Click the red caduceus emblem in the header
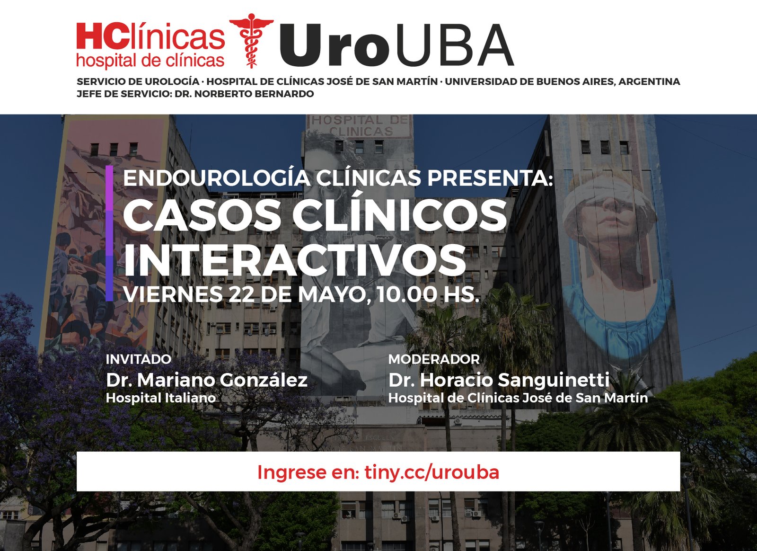tap(251, 41)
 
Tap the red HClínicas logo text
tap(151, 36)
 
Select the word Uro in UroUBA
tap(334, 45)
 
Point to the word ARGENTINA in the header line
tap(649, 82)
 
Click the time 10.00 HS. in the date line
tap(428, 294)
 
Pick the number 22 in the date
tap(242, 294)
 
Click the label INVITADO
tap(139, 359)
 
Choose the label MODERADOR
tap(434, 359)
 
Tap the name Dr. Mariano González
tap(207, 380)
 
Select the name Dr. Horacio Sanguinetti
tap(499, 380)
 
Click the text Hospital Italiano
tap(161, 398)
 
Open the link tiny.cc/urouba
tap(432, 472)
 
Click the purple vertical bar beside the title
tap(109, 233)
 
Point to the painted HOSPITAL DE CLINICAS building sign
tap(360, 125)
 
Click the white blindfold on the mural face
tap(608, 192)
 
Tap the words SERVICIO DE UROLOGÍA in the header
tap(138, 82)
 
